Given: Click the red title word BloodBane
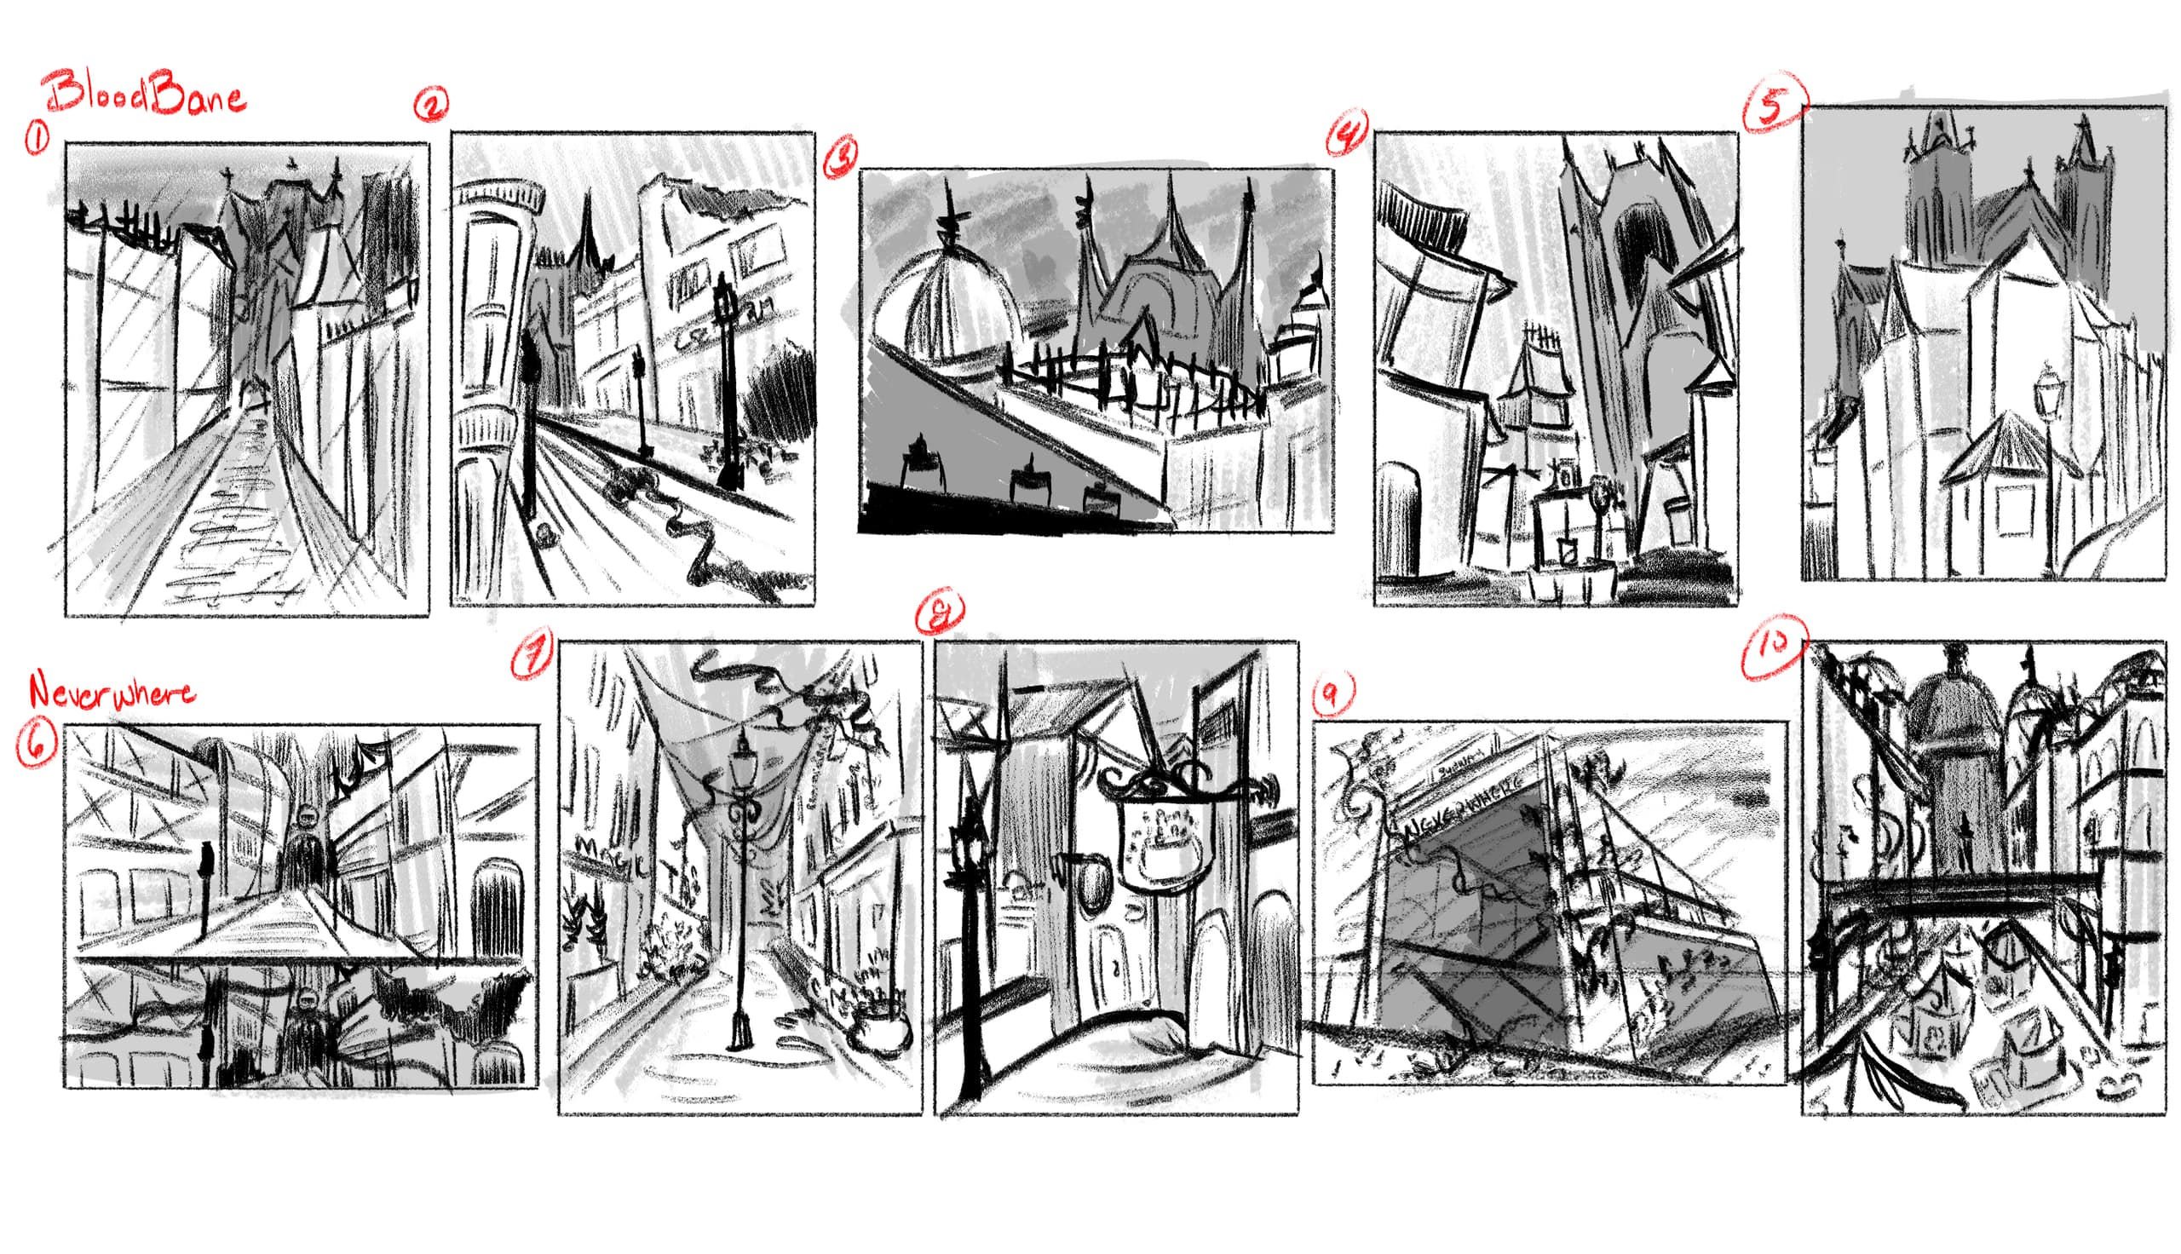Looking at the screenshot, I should tap(145, 95).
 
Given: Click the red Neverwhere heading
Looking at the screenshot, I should tap(110, 692).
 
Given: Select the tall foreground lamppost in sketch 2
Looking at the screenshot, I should tap(728, 379).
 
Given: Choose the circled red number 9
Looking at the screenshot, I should tap(1332, 693).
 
